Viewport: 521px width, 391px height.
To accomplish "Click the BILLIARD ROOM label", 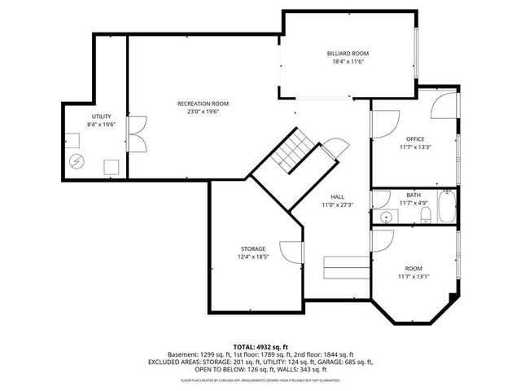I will [343, 53].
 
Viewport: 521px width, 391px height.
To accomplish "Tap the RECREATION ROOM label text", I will [204, 103].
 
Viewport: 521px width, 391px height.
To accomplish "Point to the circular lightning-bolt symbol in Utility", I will [77, 160].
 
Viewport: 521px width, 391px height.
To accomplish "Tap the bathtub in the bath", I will [447, 207].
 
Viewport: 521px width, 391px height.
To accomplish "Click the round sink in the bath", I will [383, 217].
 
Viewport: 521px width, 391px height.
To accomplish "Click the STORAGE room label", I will [252, 248].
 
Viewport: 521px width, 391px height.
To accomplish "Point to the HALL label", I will [337, 197].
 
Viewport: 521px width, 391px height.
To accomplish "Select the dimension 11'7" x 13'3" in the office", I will [414, 147].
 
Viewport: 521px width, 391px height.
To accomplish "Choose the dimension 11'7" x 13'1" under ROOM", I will [414, 276].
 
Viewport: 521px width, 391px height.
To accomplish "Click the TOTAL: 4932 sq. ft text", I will [260, 346].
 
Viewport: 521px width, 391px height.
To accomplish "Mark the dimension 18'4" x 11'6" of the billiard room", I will [343, 62].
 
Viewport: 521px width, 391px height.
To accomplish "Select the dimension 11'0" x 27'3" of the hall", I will [337, 205].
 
